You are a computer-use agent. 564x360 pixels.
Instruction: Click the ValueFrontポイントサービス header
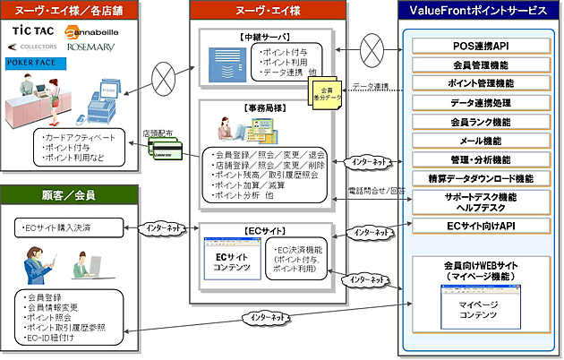point(482,12)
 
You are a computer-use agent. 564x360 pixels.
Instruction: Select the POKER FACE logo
point(34,64)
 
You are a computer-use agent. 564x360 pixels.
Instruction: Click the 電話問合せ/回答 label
point(375,191)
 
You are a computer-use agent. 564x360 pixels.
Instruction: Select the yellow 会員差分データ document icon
point(323,89)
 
